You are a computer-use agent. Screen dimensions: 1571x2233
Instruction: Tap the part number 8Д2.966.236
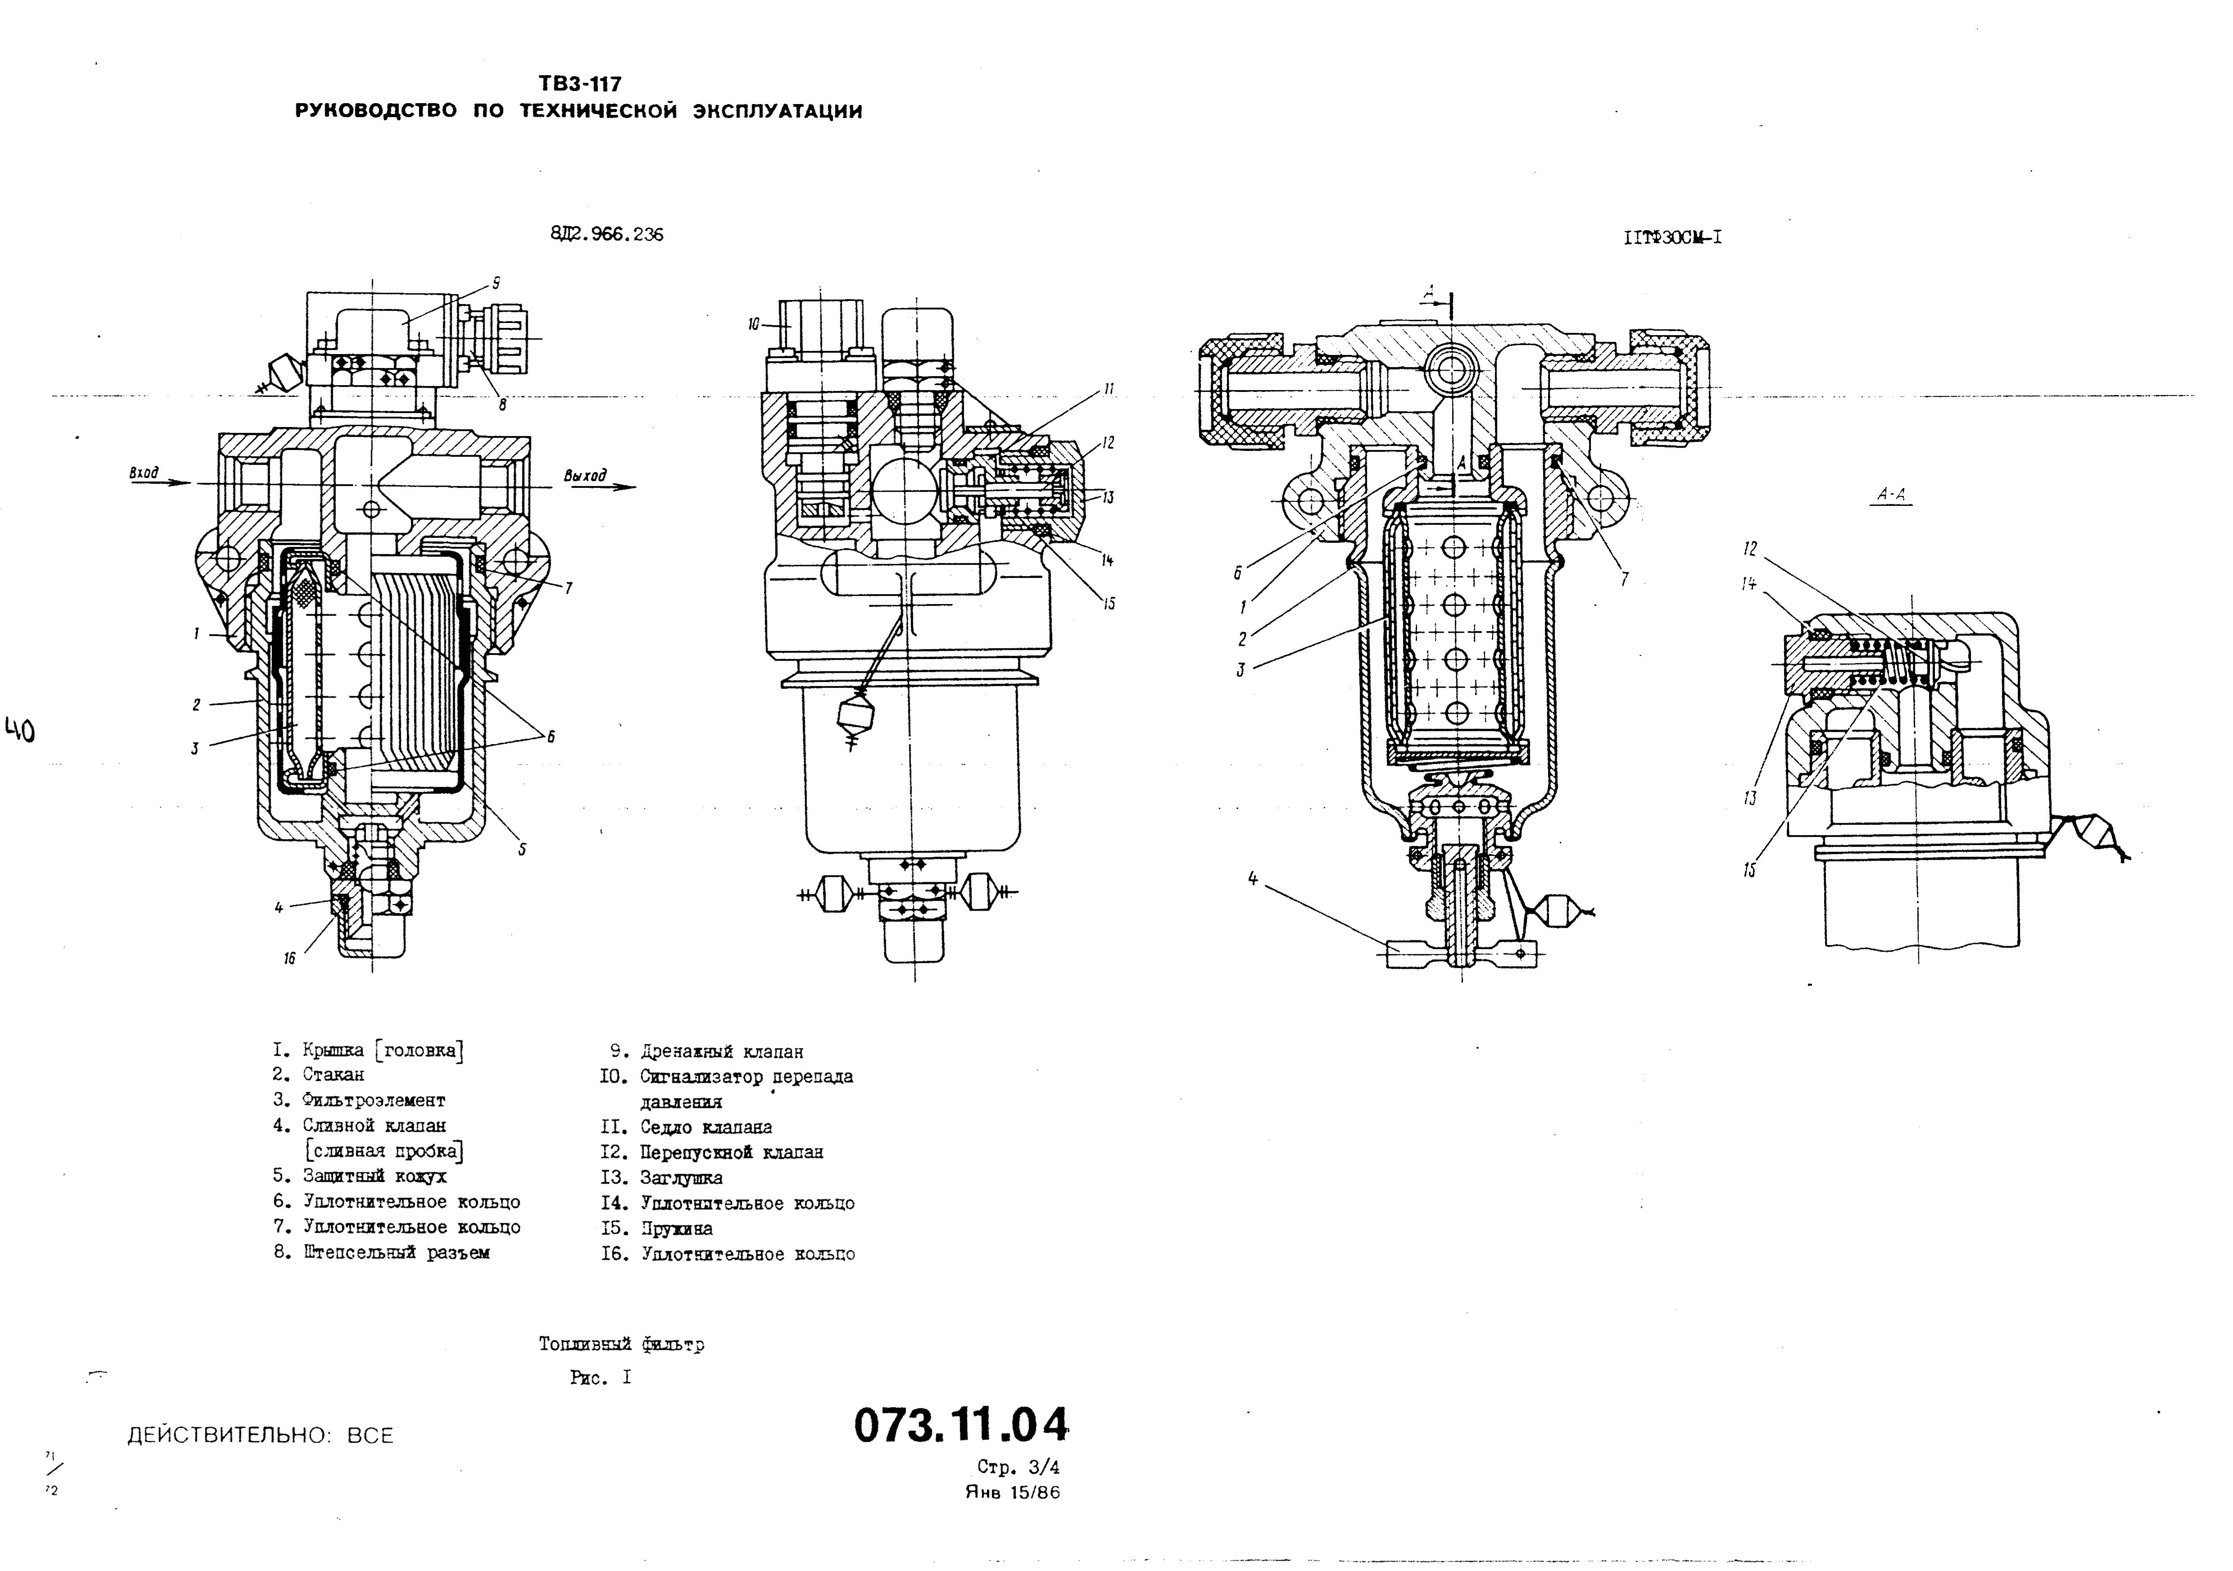[x=607, y=235]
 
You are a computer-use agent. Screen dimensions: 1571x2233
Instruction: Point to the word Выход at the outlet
[x=584, y=476]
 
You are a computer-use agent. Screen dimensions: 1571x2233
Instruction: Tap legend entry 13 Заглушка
[x=681, y=1178]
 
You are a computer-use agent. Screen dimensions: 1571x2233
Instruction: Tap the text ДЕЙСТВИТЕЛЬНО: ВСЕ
[x=261, y=1436]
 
